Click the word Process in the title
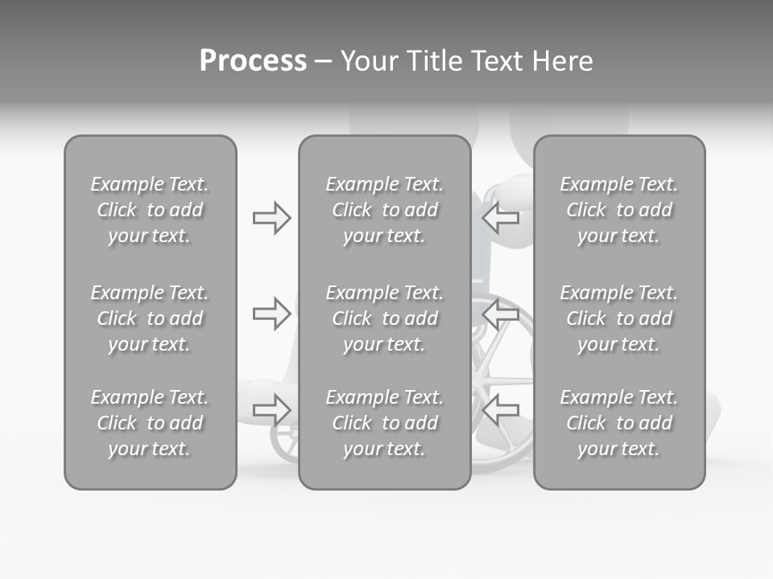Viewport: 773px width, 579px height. [253, 61]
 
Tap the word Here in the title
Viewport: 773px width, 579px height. [562, 61]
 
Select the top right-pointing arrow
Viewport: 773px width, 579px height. [271, 218]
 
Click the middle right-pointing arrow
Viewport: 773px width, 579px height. [271, 314]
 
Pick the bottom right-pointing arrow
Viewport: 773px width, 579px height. [271, 409]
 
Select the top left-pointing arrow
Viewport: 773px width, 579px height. [501, 217]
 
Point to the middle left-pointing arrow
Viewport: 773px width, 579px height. [501, 314]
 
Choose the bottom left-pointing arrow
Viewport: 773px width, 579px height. [501, 409]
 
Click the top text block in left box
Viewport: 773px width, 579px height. [150, 210]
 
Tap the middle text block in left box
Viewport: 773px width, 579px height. [150, 318]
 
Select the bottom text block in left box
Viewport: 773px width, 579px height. [150, 423]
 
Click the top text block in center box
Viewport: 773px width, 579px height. [385, 210]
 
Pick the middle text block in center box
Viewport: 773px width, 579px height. [385, 318]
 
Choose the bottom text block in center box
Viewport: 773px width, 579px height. [385, 423]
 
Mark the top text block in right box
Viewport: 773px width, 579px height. [619, 210]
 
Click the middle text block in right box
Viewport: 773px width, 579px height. [619, 318]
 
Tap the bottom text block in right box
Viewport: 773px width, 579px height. [619, 423]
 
